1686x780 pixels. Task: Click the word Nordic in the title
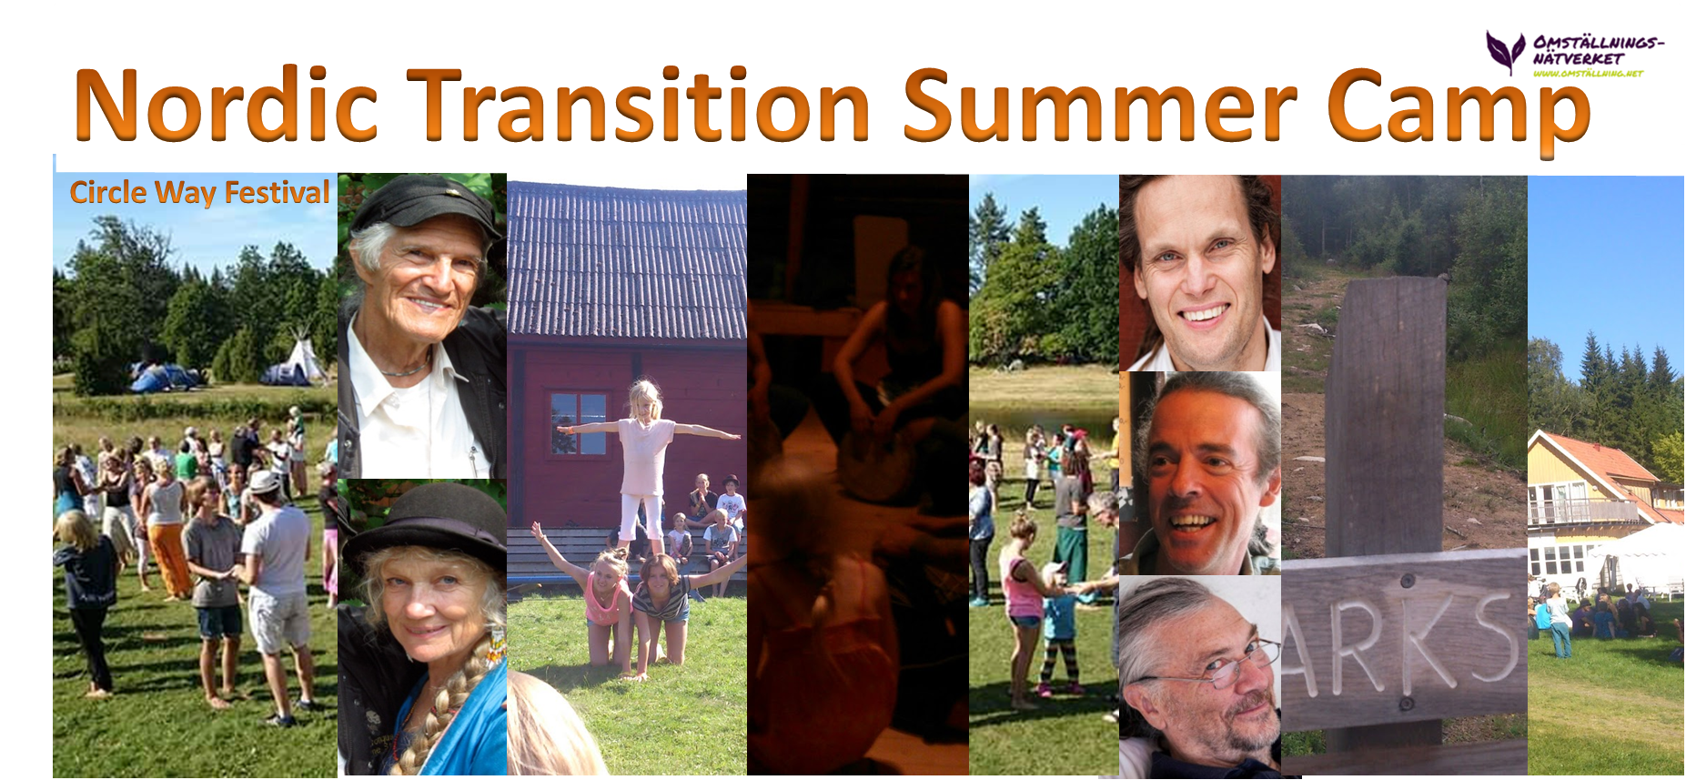coord(225,106)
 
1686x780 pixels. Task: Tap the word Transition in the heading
coord(637,106)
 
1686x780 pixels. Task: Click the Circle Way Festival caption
coord(199,193)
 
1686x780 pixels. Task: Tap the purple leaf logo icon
coord(1505,51)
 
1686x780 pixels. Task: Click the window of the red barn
coord(578,422)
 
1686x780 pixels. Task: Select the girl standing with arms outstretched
coord(644,455)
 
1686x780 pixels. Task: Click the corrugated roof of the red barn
coord(626,264)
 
